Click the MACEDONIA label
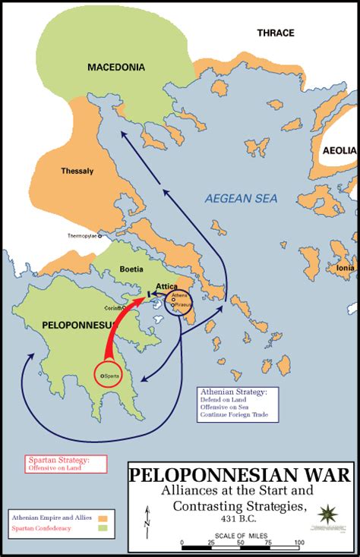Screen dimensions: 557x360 point(115,68)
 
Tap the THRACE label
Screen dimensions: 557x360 point(276,33)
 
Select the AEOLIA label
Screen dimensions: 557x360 point(339,151)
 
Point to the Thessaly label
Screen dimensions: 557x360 point(77,171)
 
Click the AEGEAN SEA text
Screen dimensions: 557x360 point(241,199)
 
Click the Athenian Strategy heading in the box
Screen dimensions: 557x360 point(227,392)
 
